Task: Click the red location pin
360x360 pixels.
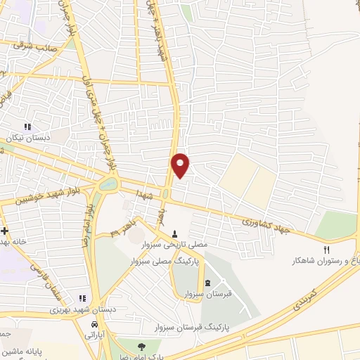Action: [x=181, y=165]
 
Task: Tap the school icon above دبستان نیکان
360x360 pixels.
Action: [x=27, y=127]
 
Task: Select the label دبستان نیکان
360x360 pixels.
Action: [x=27, y=139]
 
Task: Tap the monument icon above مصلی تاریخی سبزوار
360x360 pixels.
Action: [x=175, y=233]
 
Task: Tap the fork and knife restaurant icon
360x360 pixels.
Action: [x=326, y=250]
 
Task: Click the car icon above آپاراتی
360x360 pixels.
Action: [x=94, y=324]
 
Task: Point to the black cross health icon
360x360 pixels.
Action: [x=4, y=230]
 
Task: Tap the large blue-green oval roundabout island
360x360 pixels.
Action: [x=109, y=185]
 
